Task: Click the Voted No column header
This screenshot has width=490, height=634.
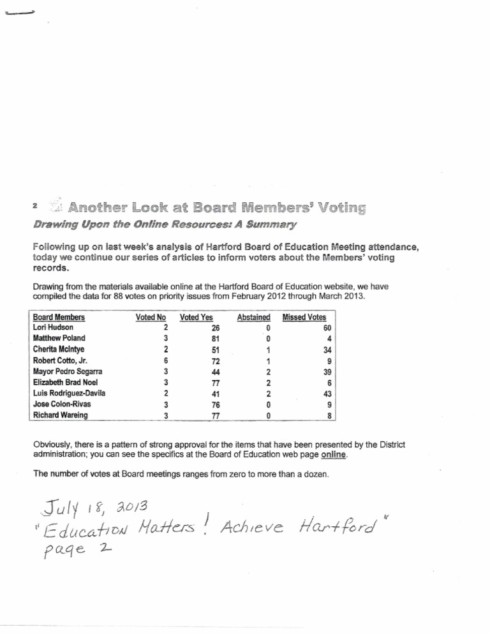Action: click(148, 316)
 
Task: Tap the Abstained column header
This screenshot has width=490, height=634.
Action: click(253, 316)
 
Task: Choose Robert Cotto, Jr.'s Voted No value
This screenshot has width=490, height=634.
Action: click(165, 360)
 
